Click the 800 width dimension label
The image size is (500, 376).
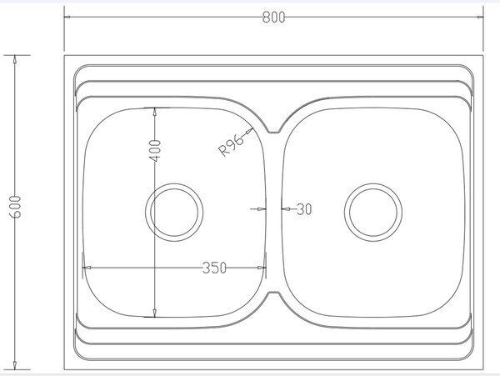273,18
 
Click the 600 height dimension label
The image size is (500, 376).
15,207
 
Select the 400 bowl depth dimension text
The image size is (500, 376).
155,151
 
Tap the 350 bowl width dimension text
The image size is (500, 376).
214,268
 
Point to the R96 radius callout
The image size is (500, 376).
231,146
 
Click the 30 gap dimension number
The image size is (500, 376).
304,209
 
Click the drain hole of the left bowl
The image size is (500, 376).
174,212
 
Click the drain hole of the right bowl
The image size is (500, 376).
373,212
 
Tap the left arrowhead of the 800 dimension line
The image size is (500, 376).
67,17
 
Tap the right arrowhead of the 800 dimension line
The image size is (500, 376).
480,17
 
